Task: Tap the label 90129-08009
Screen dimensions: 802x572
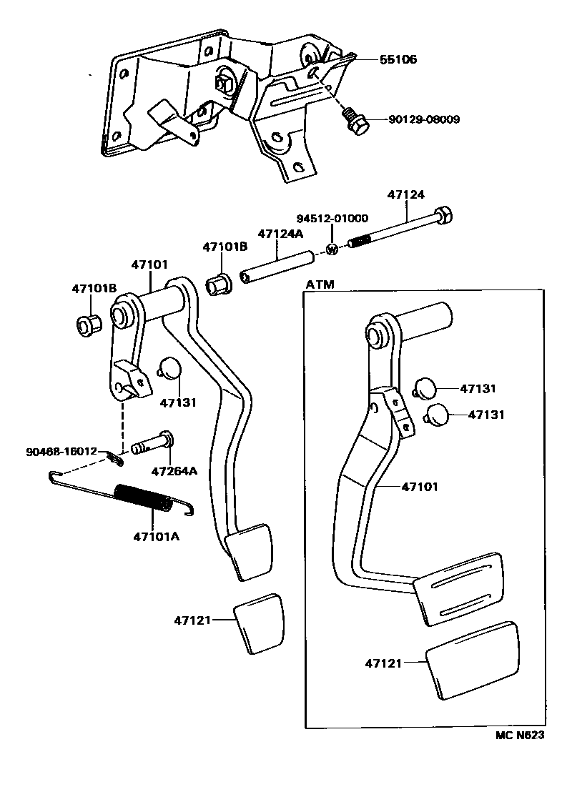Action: tap(425, 119)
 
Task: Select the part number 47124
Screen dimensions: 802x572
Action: tap(405, 194)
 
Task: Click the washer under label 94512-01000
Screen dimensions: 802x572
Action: tap(332, 248)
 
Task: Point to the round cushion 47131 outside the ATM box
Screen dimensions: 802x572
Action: tap(169, 370)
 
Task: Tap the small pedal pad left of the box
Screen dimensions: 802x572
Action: tap(259, 623)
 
